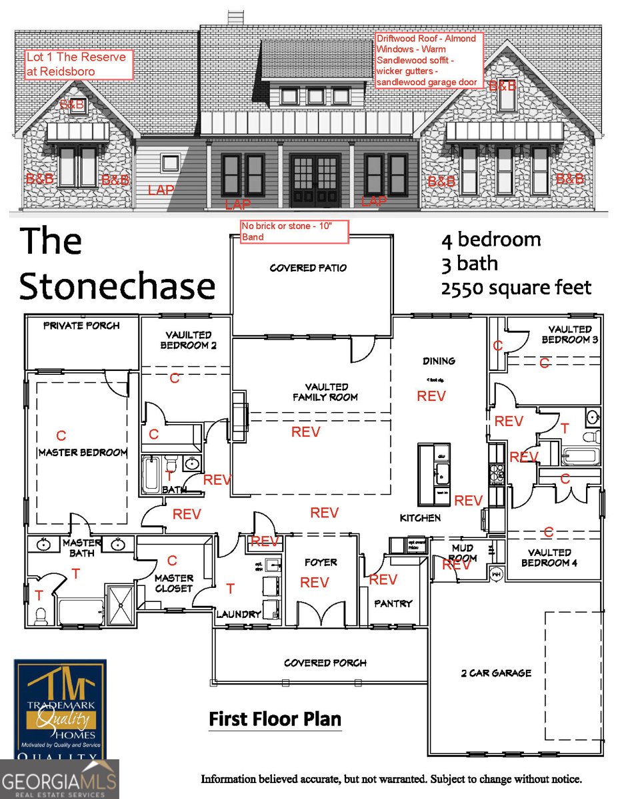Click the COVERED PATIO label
point(308,268)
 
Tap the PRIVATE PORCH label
point(81,326)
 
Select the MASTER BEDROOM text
point(83,453)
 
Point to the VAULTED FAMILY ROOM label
point(327,392)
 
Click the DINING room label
point(439,361)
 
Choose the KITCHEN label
point(420,517)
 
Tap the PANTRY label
point(393,603)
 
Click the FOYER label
point(321,562)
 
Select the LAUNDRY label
point(238,615)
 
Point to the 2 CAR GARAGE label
point(496,673)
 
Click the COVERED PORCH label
point(325,663)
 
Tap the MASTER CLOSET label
point(173,583)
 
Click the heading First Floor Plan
point(275,719)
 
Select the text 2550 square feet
point(516,288)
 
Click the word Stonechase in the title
point(117,286)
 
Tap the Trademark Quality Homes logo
point(61,709)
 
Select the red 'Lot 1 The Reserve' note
point(79,64)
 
